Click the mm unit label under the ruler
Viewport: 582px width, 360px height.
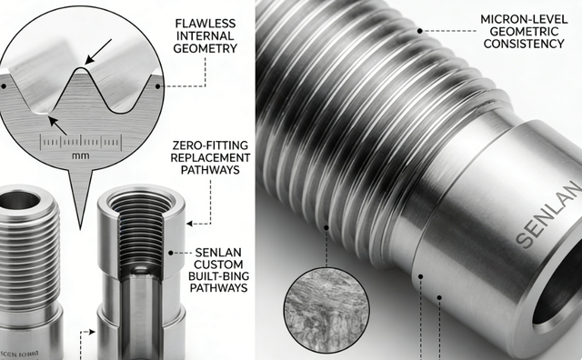click(x=83, y=155)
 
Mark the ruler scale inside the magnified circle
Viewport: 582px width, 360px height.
click(x=82, y=141)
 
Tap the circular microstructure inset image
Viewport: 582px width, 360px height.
click(x=326, y=310)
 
